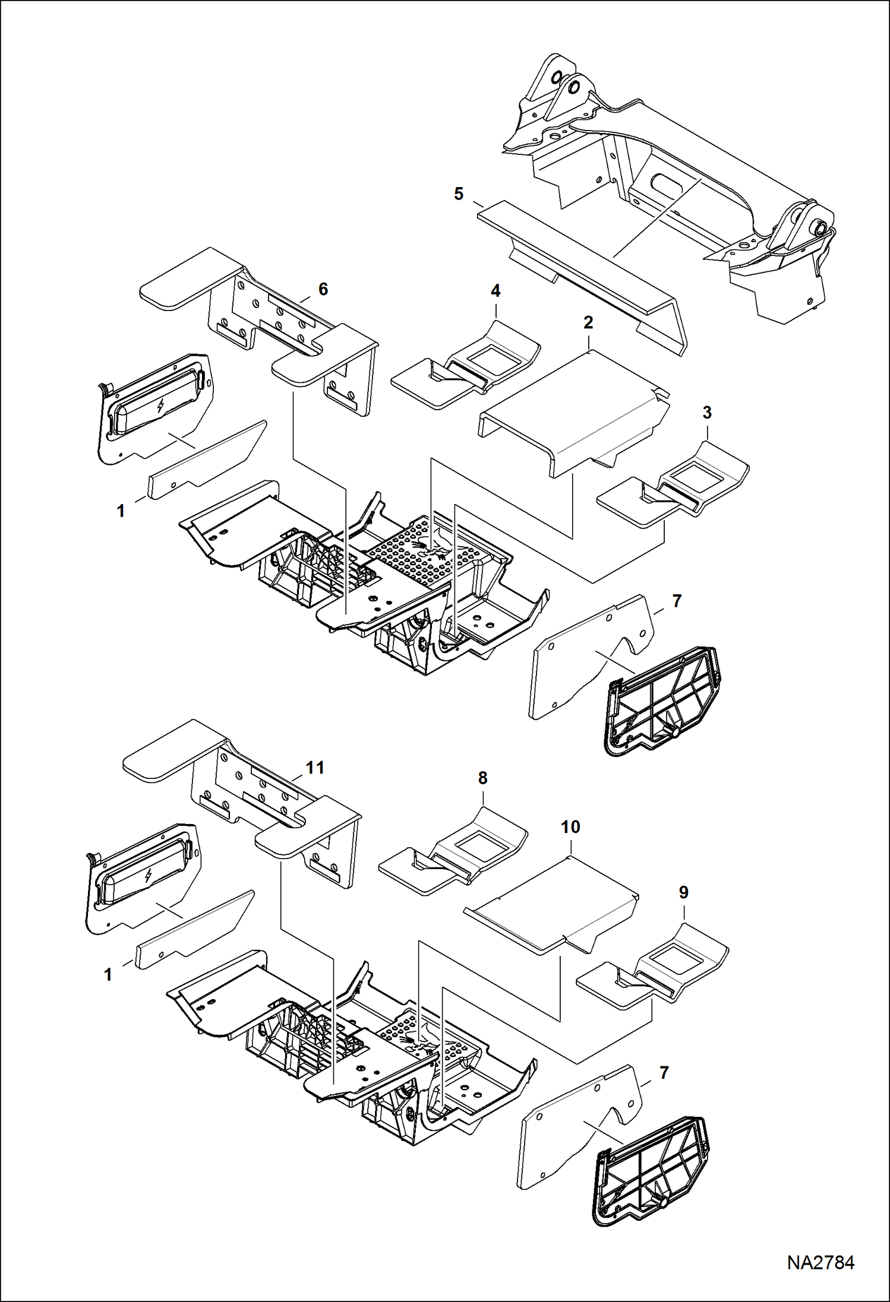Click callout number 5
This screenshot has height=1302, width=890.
(459, 194)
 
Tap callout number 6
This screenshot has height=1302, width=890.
(323, 289)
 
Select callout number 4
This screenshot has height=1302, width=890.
(496, 291)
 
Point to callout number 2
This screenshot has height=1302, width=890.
(588, 323)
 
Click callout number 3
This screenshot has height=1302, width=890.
(706, 413)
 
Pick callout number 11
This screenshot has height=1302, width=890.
(314, 768)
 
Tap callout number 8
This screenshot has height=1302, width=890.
(482, 778)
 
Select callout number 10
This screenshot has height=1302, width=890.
(570, 827)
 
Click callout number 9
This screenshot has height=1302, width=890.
(683, 892)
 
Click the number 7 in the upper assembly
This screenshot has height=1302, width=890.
(677, 601)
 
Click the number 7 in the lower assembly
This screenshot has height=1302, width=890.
(664, 1073)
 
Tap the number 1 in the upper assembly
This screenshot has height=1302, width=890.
(121, 511)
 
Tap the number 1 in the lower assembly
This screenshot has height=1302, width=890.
(108, 974)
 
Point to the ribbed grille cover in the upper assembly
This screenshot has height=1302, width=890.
(661, 701)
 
